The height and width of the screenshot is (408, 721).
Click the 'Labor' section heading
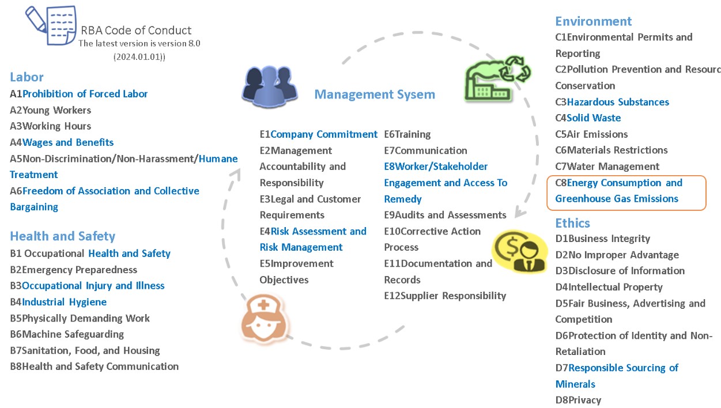click(27, 77)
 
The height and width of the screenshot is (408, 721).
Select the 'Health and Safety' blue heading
click(62, 236)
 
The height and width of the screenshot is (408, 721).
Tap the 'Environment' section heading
click(593, 21)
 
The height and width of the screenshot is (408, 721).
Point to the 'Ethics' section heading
click(573, 223)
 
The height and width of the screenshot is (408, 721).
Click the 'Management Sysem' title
click(375, 95)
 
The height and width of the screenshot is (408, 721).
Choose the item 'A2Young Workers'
click(51, 110)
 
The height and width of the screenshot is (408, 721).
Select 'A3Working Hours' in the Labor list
click(51, 126)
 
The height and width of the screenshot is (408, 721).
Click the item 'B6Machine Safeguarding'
click(67, 334)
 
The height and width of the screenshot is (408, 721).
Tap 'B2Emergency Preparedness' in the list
click(74, 270)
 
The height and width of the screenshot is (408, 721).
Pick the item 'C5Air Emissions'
click(591, 134)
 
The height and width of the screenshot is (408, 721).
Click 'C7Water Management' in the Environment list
click(607, 167)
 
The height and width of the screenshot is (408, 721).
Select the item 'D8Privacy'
click(579, 400)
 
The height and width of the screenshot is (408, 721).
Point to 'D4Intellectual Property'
click(609, 287)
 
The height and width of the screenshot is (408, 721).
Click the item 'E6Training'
click(407, 134)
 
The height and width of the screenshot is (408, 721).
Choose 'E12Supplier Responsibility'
click(445, 296)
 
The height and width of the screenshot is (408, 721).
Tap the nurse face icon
click(265, 318)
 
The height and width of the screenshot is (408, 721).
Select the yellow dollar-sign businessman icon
click(519, 251)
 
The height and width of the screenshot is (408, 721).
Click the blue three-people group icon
click(270, 86)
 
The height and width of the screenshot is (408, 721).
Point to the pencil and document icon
click(51, 25)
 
